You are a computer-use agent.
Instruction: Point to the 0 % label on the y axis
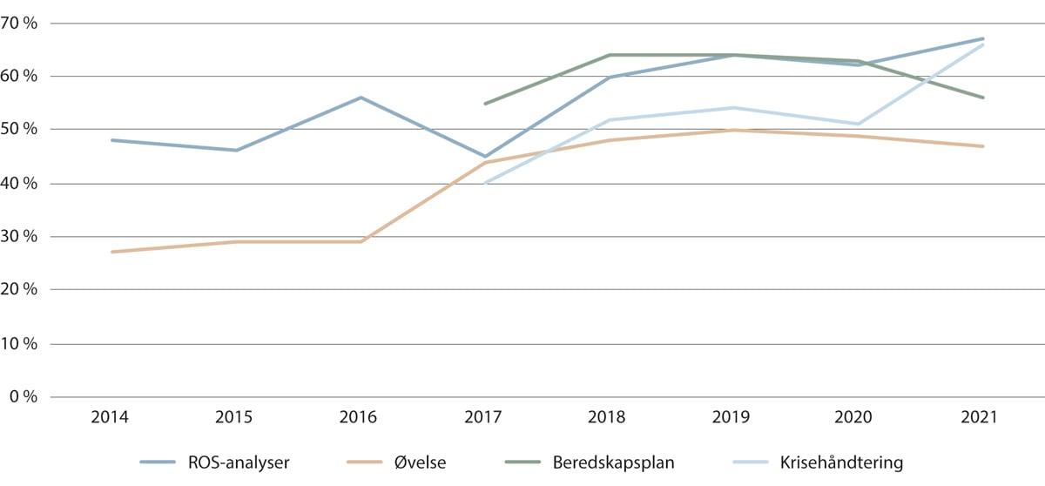[24, 397]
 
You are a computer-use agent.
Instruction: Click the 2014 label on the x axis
[111, 417]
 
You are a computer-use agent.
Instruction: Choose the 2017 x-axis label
[484, 417]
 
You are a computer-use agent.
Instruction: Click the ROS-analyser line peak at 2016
[361, 98]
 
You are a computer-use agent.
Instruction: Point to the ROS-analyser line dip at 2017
[485, 157]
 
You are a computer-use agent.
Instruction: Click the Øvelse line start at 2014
[111, 252]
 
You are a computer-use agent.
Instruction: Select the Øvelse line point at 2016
[361, 241]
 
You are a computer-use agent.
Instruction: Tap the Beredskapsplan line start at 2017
[485, 104]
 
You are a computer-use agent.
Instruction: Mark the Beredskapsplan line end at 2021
[983, 98]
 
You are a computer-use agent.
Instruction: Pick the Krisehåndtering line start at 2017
[485, 183]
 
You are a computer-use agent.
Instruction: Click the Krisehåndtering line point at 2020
[859, 124]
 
